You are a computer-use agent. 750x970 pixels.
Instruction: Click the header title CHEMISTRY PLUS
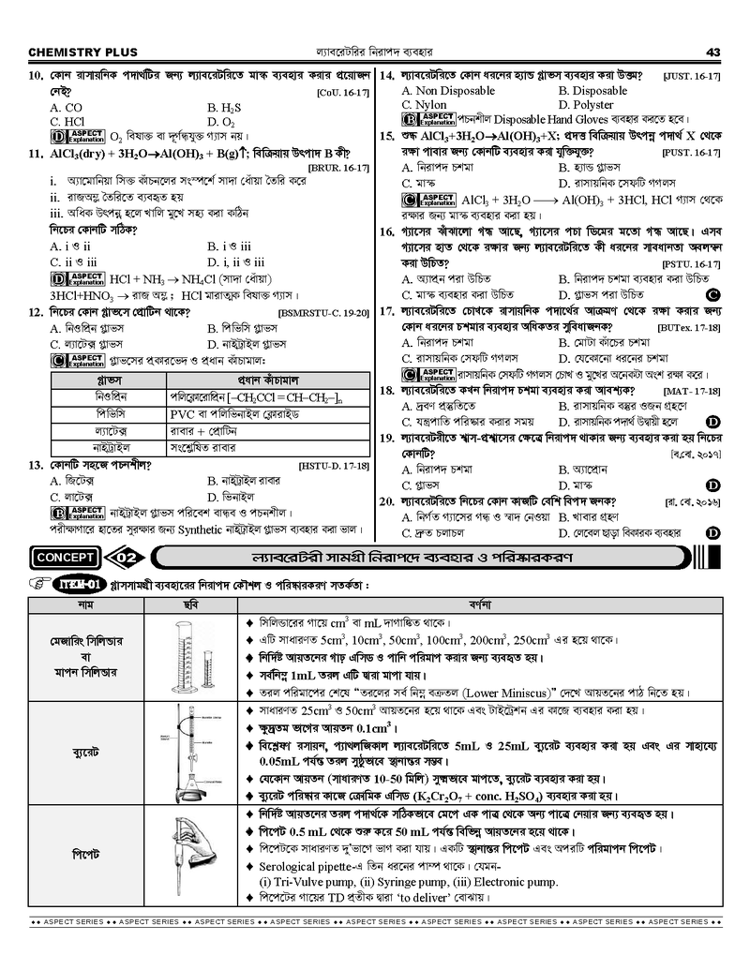[82, 51]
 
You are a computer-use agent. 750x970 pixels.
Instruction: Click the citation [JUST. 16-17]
[691, 76]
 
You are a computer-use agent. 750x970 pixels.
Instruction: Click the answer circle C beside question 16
[715, 294]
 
